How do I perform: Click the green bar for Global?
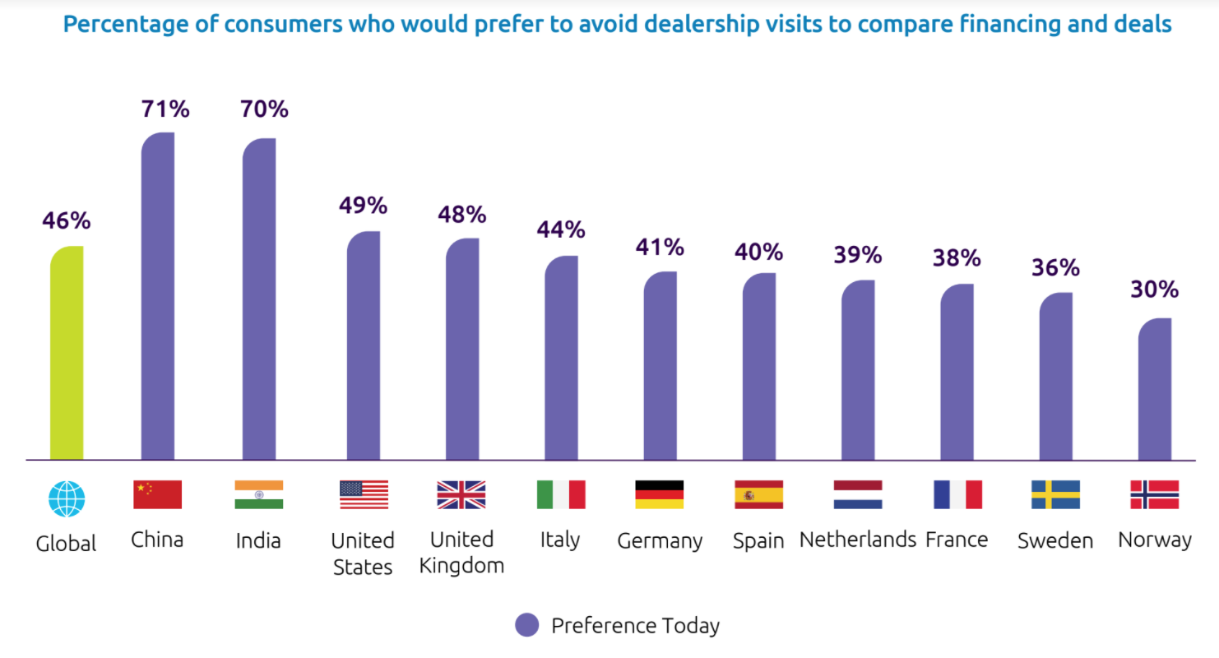click(67, 354)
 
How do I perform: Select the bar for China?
click(158, 296)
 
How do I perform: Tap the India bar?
click(259, 299)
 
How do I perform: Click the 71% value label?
click(165, 109)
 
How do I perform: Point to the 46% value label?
click(67, 221)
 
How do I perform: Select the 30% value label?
click(1154, 290)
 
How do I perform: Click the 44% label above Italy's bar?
click(560, 229)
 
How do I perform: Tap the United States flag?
click(364, 495)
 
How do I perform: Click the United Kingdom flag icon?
click(461, 495)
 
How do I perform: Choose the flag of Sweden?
click(1055, 495)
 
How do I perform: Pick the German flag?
click(659, 495)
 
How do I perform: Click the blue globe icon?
click(67, 498)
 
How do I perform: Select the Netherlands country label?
click(857, 540)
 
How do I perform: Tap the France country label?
click(957, 540)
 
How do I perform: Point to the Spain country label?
click(758, 542)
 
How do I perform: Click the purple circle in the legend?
click(526, 625)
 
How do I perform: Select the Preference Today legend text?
click(635, 626)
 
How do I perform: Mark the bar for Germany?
click(660, 366)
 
